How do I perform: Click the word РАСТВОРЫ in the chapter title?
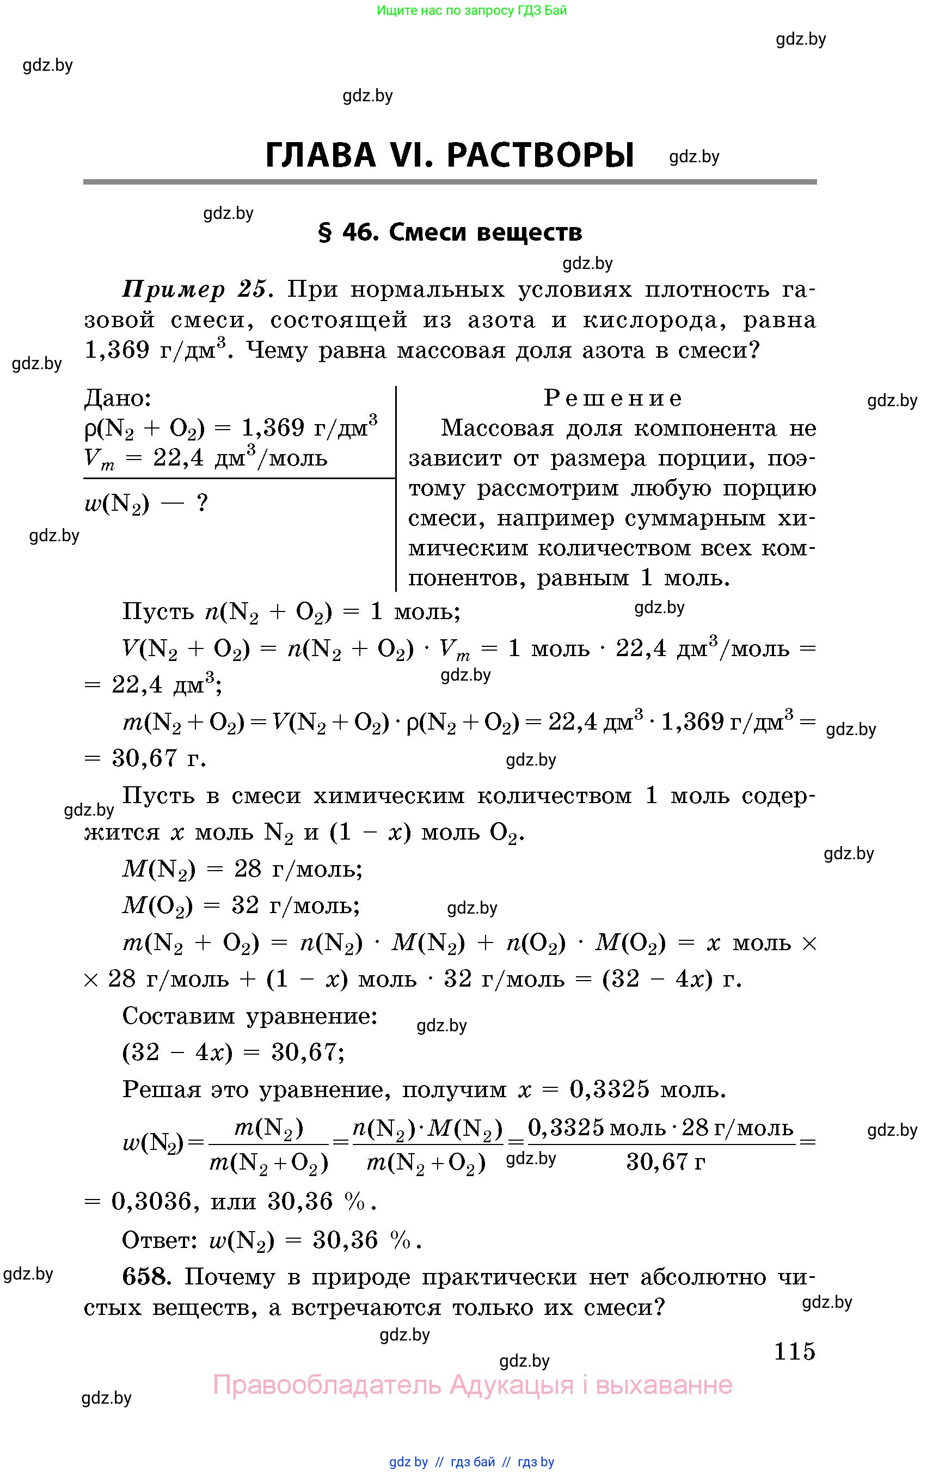(540, 155)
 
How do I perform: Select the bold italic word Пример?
(174, 289)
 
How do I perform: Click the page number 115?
(794, 1351)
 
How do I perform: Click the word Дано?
(117, 399)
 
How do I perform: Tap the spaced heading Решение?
(612, 399)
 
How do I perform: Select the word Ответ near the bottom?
(158, 1240)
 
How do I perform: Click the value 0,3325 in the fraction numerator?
(566, 1128)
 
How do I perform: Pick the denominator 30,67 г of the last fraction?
(665, 1162)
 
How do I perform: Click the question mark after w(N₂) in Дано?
(201, 503)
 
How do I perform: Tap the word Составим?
(179, 1016)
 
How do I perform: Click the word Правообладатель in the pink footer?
(327, 1385)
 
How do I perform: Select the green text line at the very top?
(471, 10)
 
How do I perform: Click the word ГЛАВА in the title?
(320, 155)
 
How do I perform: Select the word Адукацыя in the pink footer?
(511, 1385)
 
